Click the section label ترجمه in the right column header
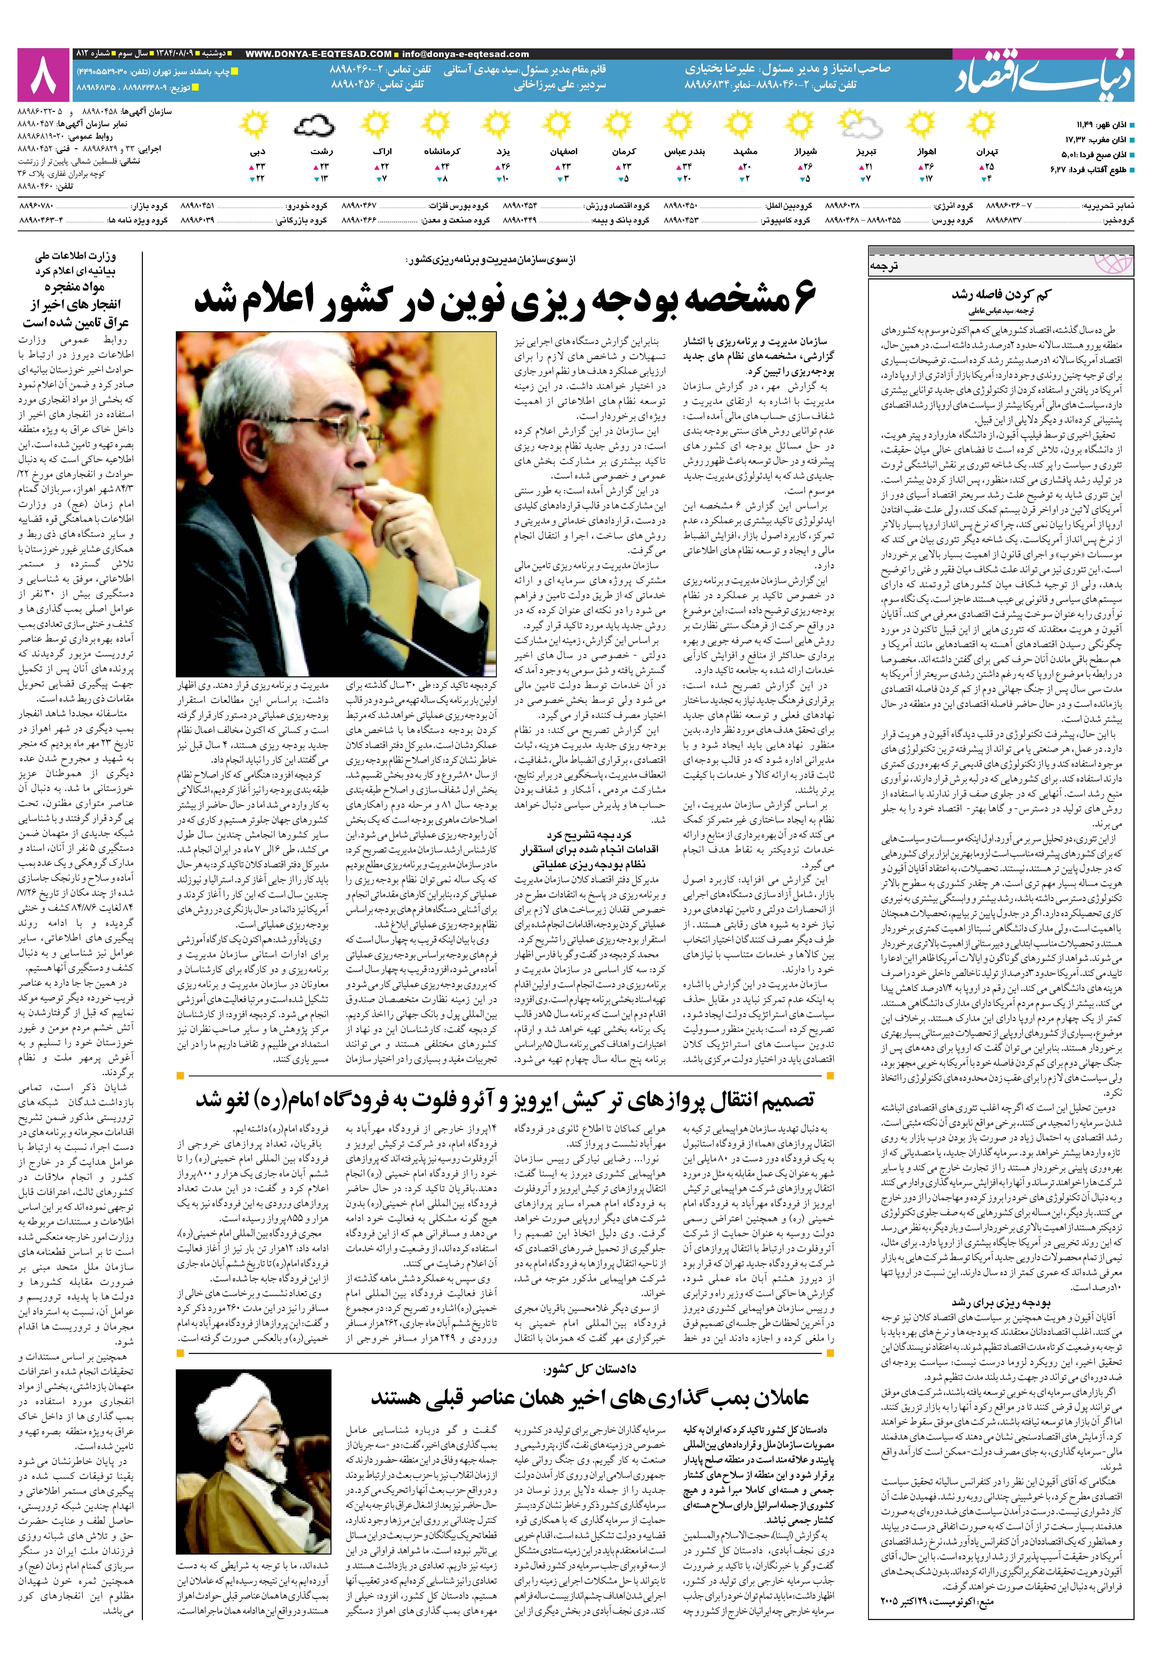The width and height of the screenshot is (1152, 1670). tap(884, 266)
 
